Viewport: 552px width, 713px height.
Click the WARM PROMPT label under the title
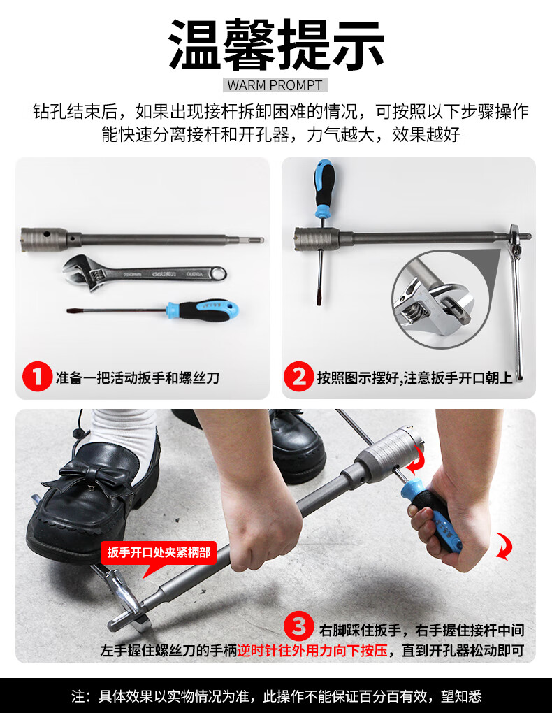coord(275,85)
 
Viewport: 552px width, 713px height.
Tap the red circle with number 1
coord(37,377)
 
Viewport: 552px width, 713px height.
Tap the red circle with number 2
coord(299,377)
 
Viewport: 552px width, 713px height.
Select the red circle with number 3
coord(299,626)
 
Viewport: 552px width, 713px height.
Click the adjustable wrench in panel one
coord(144,274)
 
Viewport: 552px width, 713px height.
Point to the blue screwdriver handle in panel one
coord(203,310)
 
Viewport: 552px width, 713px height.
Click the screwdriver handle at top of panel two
coord(324,188)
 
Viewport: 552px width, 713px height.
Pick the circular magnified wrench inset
coord(440,296)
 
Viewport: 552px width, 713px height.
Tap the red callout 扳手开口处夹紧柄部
coord(159,552)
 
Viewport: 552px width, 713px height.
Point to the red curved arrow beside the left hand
coord(504,546)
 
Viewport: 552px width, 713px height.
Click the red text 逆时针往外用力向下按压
coord(312,650)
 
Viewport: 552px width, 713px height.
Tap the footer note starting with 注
coord(276,696)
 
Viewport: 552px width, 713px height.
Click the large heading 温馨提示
coord(276,44)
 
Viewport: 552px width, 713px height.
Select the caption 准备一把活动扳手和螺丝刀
coord(138,377)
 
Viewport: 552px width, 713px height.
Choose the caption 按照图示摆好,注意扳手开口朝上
coord(414,377)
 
